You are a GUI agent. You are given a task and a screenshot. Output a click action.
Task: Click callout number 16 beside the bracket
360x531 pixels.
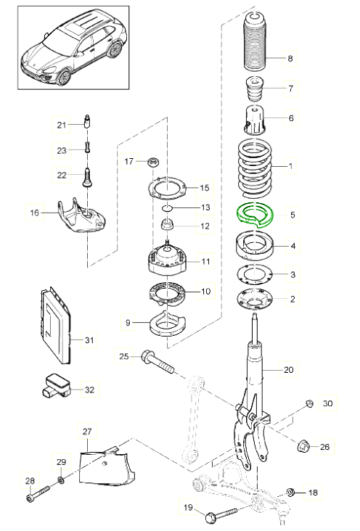tap(34, 213)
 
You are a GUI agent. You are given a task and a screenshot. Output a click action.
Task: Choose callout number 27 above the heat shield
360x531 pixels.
tap(87, 432)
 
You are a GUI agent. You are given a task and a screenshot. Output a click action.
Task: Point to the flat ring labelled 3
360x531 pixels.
tap(253, 274)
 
